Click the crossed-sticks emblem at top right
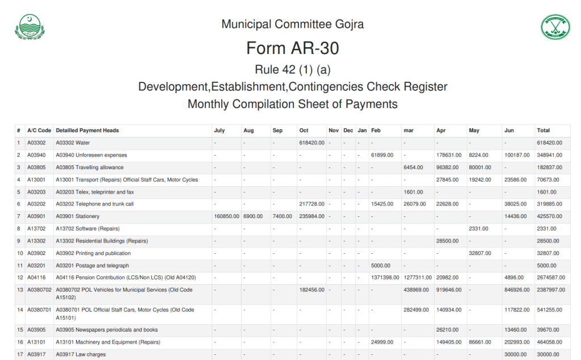click(x=554, y=27)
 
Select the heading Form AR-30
click(x=292, y=48)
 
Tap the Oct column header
click(x=304, y=131)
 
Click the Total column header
click(x=544, y=131)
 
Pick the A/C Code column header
click(x=39, y=131)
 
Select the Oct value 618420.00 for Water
click(x=311, y=143)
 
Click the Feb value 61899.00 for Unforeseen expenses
click(x=382, y=155)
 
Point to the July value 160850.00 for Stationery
click(x=226, y=216)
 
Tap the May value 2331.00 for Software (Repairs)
click(x=478, y=229)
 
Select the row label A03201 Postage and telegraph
click(x=92, y=265)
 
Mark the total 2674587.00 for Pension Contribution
click(x=550, y=278)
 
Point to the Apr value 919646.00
click(x=448, y=290)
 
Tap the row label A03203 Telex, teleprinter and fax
click(x=95, y=192)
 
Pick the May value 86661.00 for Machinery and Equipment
click(x=480, y=342)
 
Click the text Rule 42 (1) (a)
click(x=292, y=70)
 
